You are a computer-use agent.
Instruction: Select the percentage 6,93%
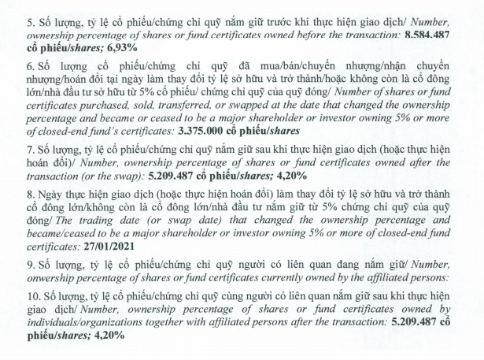pyautogui.click(x=110, y=48)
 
